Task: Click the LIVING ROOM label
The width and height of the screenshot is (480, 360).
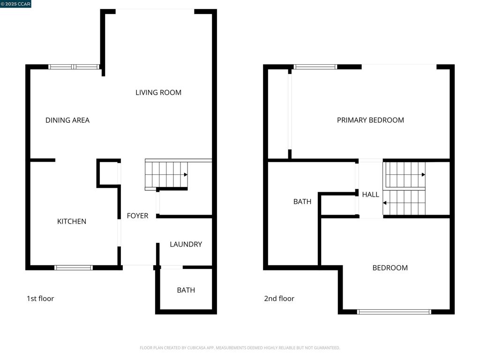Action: [x=158, y=92]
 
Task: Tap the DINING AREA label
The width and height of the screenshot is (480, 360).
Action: [x=67, y=120]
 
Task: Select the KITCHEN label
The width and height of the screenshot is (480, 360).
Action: [x=72, y=221]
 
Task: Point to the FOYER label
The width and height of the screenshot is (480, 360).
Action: [x=137, y=216]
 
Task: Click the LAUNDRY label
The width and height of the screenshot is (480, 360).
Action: [x=186, y=244]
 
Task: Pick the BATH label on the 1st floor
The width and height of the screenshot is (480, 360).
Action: [x=186, y=290]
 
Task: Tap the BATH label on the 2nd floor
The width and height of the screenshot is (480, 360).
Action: [x=302, y=202]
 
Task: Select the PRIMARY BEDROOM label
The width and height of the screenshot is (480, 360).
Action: [x=370, y=120]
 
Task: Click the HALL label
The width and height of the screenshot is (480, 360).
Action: [x=370, y=195]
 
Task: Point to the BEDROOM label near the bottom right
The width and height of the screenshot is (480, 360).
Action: [x=390, y=268]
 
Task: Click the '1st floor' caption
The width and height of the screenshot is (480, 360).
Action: [x=40, y=298]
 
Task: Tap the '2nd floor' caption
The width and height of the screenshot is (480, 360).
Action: [x=279, y=298]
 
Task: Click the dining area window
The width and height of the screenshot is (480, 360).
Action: [x=74, y=67]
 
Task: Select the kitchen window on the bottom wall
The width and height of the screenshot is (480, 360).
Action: [x=74, y=268]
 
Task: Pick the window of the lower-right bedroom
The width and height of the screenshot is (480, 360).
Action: [x=394, y=312]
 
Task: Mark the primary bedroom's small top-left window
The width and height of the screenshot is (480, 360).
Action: [x=315, y=67]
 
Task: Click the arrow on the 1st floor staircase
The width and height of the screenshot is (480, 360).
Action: [x=186, y=174]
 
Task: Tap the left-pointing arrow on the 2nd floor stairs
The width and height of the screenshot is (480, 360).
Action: [x=385, y=203]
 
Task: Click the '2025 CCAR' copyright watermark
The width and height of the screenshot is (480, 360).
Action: [x=15, y=4]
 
